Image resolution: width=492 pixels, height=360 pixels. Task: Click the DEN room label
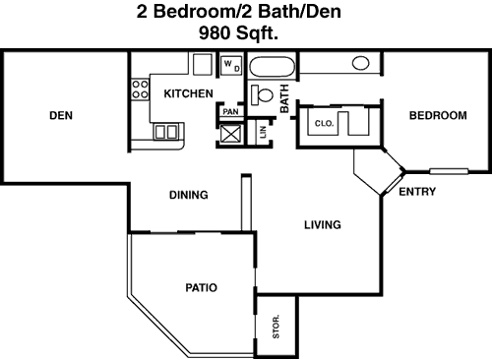(61, 115)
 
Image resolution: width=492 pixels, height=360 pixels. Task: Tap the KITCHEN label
(188, 93)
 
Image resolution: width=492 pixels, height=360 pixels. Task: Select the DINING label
(189, 195)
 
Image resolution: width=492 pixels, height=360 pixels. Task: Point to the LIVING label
(323, 225)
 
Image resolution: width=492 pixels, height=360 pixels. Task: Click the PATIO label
(202, 288)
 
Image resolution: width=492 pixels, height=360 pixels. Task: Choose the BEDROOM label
(438, 115)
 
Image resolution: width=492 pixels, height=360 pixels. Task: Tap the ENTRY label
(417, 192)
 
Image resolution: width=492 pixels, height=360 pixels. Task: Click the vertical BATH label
(284, 98)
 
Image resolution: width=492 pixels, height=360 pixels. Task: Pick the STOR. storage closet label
(277, 327)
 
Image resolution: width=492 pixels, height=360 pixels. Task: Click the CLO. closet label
(324, 124)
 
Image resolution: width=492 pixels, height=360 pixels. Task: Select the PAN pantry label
(230, 112)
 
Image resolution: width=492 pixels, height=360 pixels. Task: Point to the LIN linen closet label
(263, 133)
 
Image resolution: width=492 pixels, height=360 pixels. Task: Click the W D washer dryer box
(231, 66)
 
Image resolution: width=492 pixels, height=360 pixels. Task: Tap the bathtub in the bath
(272, 67)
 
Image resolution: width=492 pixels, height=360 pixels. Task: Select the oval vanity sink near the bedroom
(361, 63)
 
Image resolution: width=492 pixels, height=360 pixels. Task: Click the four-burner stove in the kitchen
(140, 90)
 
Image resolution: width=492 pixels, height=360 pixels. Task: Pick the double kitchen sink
(166, 132)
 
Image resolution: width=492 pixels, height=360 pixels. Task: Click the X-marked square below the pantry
(230, 134)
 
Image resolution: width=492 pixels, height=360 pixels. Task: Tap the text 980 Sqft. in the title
(238, 32)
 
